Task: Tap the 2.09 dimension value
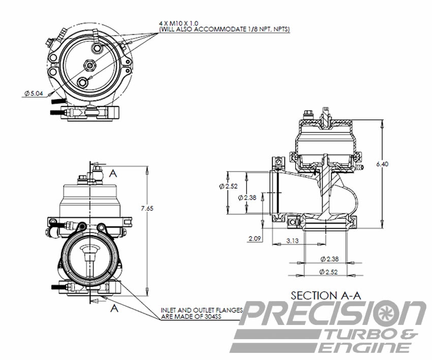(x=256, y=237)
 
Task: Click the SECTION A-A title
(x=320, y=294)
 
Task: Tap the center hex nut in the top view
(x=89, y=65)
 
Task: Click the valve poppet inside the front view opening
(x=89, y=250)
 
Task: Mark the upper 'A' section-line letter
(x=113, y=173)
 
